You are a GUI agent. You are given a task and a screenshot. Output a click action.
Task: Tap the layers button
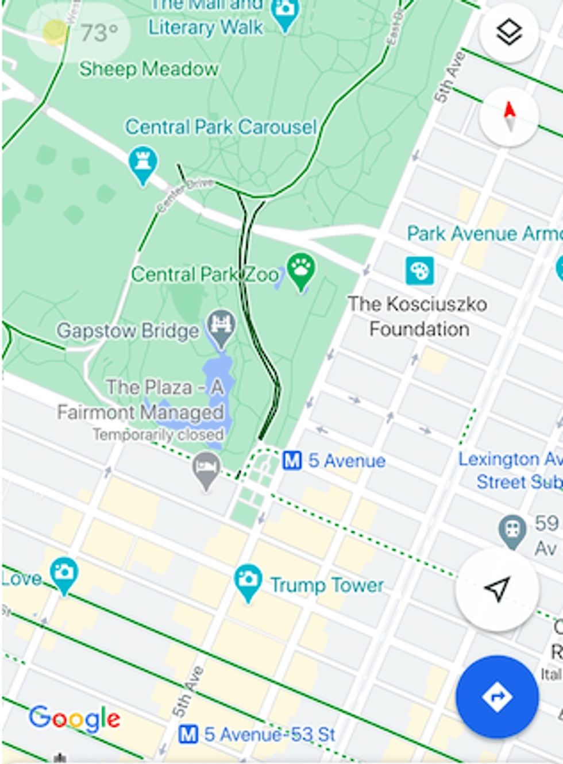coord(508,33)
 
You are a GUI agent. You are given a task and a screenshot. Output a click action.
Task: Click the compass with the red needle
coord(508,116)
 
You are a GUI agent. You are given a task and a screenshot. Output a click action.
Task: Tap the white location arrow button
coord(498,589)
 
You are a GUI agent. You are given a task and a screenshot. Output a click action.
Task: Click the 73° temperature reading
coord(99,33)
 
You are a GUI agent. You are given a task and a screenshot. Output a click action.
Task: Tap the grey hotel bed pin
coord(206,468)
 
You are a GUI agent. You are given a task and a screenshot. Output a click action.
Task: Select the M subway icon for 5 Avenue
coord(292,460)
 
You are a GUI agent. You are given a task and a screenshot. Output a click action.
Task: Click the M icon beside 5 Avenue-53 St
coord(188,734)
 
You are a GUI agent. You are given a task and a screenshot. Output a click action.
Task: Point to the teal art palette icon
coord(419,271)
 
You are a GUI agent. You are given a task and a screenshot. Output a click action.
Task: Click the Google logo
coord(75,718)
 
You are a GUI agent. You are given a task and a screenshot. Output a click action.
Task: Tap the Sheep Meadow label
coord(149,69)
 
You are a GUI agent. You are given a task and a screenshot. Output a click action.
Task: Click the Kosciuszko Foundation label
coord(418,316)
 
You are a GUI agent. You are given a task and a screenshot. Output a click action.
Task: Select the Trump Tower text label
coord(327,585)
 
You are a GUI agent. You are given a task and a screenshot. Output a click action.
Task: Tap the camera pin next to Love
coord(64,573)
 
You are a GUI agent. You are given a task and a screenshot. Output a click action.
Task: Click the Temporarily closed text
coord(158,435)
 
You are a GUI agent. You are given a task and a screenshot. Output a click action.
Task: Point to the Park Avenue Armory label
coord(483,233)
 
